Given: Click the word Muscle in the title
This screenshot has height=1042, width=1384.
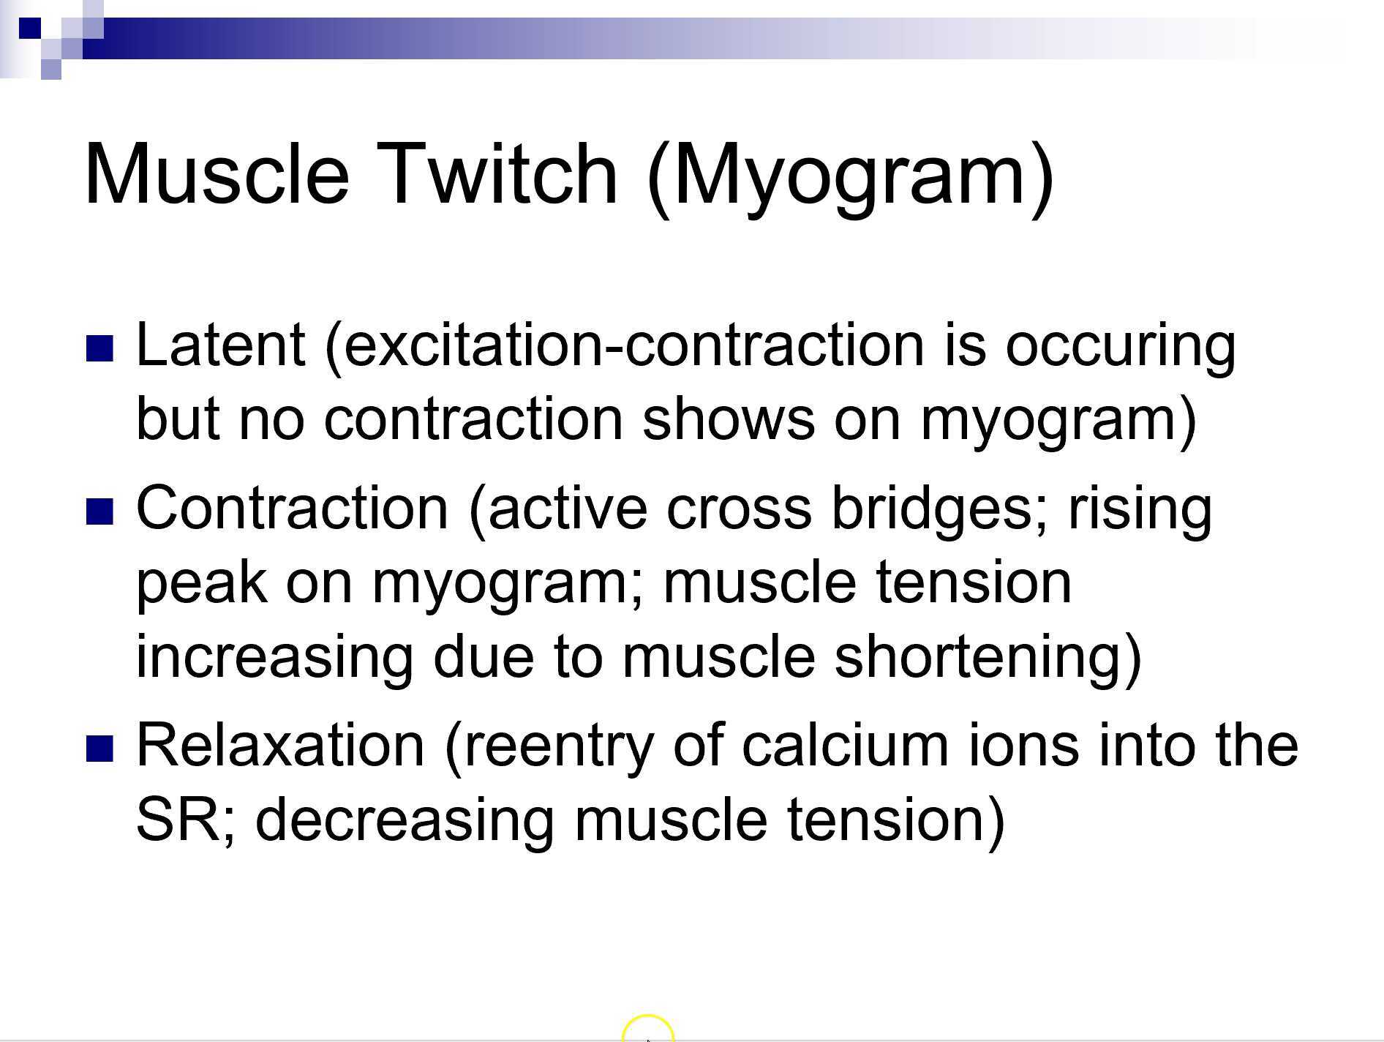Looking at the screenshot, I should click(x=217, y=174).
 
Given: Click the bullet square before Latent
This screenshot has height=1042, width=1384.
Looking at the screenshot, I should click(x=100, y=349).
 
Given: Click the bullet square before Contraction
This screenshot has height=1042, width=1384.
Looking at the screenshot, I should click(x=100, y=511).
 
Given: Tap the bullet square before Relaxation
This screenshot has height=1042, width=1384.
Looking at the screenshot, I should click(x=100, y=748).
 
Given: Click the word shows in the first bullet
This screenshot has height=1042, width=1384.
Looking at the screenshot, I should click(x=728, y=419).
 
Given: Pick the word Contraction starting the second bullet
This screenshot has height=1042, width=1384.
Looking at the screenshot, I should click(x=292, y=508).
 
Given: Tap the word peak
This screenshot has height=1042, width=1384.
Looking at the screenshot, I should click(x=201, y=584).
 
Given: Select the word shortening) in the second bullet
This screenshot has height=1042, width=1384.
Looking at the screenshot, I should click(x=988, y=656).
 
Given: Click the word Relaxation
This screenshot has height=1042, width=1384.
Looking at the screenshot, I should click(x=280, y=745).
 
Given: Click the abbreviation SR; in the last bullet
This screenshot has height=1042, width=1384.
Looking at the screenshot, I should click(x=186, y=820).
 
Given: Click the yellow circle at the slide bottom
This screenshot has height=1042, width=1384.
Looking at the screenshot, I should click(x=647, y=1028).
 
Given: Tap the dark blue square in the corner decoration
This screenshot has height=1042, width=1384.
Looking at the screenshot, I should click(x=30, y=29).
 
